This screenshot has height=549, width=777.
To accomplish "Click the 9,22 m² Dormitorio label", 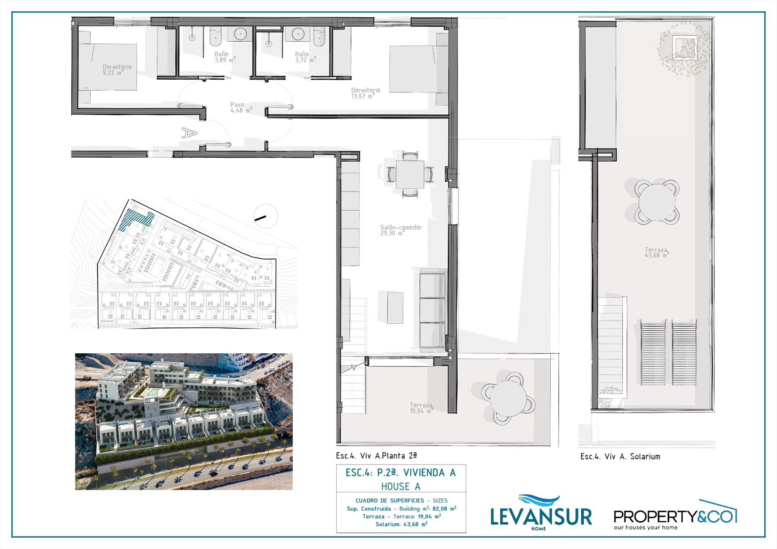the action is click(x=117, y=70).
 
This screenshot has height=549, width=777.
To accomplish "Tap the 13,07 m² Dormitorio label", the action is click(x=365, y=93).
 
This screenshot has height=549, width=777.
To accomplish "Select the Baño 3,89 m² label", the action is click(x=225, y=57).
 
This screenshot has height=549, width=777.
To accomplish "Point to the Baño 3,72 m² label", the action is click(x=306, y=57).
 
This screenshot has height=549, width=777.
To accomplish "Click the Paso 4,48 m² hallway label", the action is click(x=241, y=108).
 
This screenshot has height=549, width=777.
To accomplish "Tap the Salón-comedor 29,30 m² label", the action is click(x=401, y=230).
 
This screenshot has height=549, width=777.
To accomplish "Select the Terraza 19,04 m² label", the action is click(x=421, y=408).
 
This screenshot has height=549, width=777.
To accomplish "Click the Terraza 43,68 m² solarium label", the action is click(x=656, y=253).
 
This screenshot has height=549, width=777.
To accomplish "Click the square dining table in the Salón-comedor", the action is click(x=410, y=175).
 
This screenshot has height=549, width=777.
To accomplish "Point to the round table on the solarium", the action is click(x=656, y=202).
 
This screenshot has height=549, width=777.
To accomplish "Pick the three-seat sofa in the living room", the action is click(x=433, y=310).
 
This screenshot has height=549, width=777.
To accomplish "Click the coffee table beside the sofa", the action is click(x=395, y=308).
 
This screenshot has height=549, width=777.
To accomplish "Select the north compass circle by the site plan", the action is click(x=266, y=216).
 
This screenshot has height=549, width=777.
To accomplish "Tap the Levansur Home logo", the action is click(x=541, y=513).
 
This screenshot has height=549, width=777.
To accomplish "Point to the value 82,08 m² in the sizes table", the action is click(x=444, y=509).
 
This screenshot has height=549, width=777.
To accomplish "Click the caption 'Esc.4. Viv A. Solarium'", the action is click(x=620, y=456).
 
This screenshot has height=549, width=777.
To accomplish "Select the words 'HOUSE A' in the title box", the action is click(x=401, y=486).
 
